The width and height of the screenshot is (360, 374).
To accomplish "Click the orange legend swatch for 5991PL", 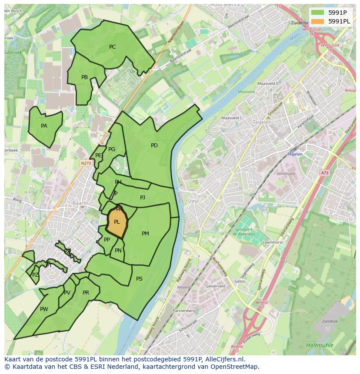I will point(318,21).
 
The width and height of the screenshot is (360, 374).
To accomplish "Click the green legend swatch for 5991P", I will point(318,12).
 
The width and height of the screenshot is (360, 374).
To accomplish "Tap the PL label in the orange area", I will point(117,222).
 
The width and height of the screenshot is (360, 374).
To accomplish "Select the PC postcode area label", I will point(112,47).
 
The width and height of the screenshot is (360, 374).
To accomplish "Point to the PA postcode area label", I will point(44,126).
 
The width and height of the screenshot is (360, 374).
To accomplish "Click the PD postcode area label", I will point(154,146).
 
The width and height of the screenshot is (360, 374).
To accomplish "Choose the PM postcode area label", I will point(145,234).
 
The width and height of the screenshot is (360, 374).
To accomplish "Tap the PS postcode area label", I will point(139,279).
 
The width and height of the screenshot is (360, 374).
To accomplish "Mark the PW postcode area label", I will point(44,309).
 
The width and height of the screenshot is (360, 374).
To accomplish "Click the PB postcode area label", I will point(84,77).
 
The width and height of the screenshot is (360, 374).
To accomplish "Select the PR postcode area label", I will point(86,293).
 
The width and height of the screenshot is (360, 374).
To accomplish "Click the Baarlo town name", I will point(80,203).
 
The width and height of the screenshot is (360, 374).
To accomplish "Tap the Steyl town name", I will point(193,201).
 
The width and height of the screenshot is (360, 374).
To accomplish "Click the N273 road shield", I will point(86,163).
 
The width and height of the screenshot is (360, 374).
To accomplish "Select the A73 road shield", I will point(325,173).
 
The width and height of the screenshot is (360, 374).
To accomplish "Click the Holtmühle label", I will point(320,345).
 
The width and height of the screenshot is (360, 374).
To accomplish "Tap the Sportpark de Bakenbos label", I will point(246,231).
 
